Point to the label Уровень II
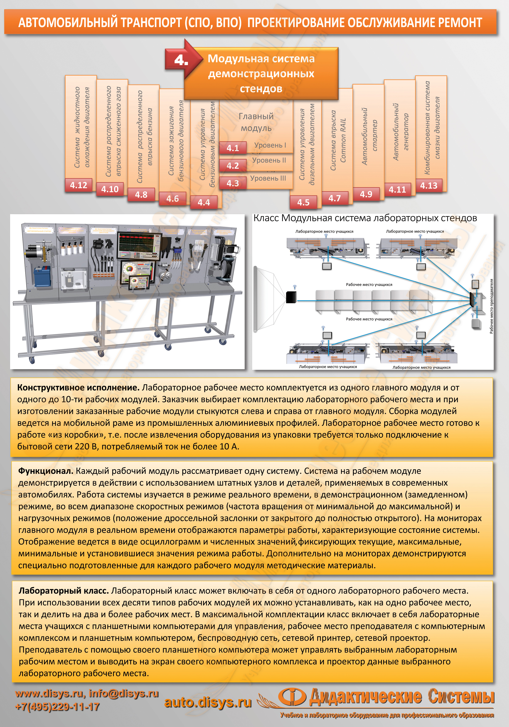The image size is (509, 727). coord(269,160)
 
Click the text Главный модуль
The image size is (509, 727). coord(256,122)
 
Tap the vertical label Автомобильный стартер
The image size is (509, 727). coord(369,136)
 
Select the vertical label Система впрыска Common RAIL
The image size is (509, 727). coord(338,141)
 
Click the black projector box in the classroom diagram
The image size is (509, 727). coord(291,297)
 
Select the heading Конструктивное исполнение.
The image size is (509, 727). coord(78,388)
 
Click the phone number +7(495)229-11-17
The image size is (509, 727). coord(57,707)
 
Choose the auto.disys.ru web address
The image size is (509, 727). coord(208,702)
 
